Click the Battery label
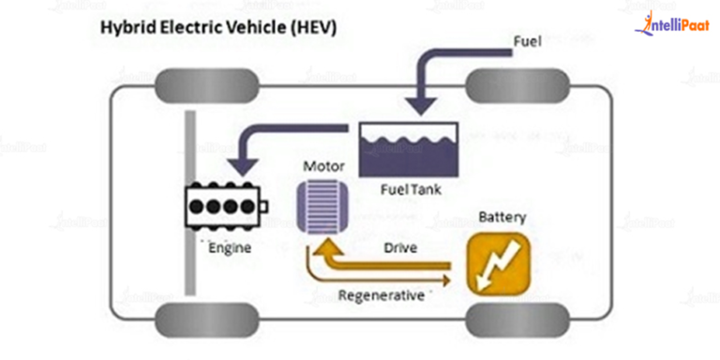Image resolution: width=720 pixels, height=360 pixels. pos(502,217)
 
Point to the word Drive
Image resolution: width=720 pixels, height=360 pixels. pos(398,249)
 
